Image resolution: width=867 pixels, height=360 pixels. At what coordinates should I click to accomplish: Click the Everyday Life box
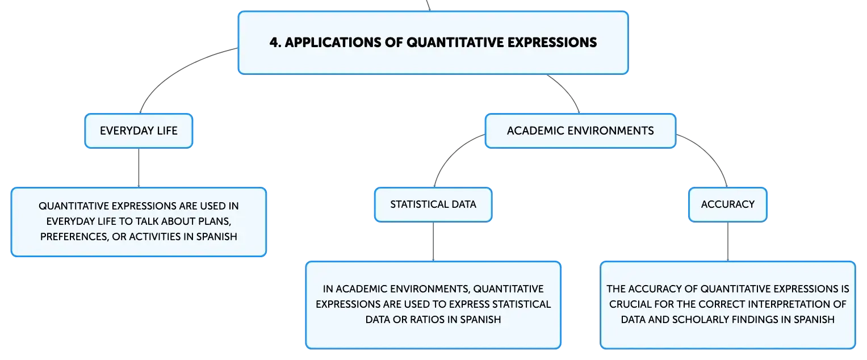[139, 131]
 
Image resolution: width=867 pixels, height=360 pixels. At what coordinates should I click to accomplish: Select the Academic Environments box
[580, 131]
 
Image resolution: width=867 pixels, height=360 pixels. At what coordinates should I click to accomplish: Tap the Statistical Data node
[433, 204]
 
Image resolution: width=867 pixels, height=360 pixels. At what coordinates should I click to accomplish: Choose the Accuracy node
[727, 204]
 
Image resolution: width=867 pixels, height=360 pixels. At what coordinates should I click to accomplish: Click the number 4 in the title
[273, 43]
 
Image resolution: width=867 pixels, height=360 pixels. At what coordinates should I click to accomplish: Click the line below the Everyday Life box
[138, 168]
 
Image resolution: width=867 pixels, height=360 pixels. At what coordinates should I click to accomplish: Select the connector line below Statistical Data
[433, 241]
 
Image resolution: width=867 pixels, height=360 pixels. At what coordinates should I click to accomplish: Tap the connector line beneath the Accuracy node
[727, 241]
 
